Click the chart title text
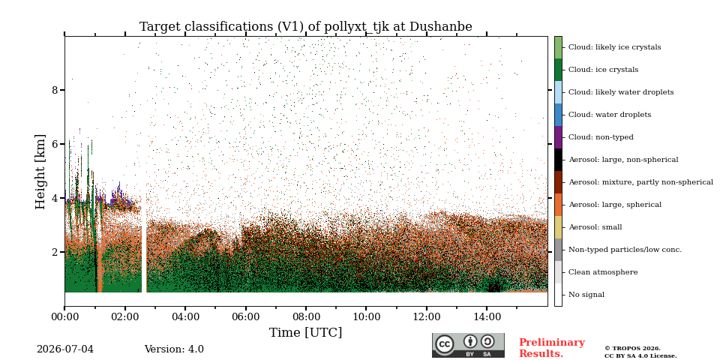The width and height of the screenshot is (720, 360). click(x=306, y=27)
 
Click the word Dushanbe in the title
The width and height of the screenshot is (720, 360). click(x=441, y=26)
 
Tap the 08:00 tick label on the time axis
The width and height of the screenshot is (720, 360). click(x=306, y=316)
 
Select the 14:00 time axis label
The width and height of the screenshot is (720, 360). click(x=487, y=316)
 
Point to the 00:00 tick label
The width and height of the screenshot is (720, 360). click(x=64, y=316)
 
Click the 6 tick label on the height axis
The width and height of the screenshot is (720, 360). click(x=55, y=144)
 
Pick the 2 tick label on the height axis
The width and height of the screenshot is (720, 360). click(x=55, y=252)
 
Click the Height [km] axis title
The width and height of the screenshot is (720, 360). click(x=40, y=172)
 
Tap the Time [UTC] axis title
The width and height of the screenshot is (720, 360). click(x=306, y=332)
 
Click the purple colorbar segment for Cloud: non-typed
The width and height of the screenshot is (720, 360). click(x=558, y=137)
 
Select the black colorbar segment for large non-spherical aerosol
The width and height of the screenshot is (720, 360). click(x=558, y=160)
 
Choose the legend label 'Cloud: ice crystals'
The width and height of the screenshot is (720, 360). click(x=603, y=70)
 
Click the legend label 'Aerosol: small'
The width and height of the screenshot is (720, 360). click(x=595, y=227)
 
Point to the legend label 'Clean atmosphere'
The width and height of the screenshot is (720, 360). click(x=603, y=272)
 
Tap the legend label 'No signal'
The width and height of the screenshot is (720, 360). click(x=586, y=295)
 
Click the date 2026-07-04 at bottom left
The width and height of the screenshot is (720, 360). click(x=65, y=349)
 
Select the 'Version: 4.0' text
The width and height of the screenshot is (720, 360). click(x=174, y=349)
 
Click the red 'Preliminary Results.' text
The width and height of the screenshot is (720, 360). click(x=552, y=348)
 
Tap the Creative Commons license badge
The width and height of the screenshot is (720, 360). click(x=468, y=345)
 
